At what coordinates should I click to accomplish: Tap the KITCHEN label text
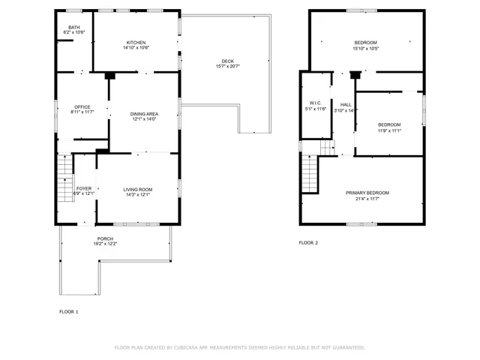[136, 42]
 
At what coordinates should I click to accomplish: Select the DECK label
[227, 61]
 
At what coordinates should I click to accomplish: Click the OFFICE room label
[82, 106]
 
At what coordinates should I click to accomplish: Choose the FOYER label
[84, 188]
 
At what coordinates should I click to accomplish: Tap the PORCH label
[104, 238]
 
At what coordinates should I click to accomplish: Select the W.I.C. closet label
[315, 103]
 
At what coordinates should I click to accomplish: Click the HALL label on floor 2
[345, 104]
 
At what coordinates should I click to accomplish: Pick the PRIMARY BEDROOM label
[367, 193]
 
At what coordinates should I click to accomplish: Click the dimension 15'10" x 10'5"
[366, 49]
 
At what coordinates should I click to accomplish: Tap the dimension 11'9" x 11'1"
[389, 130]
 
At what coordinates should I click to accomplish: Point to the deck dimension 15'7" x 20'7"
[226, 67]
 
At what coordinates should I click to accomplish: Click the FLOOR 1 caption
[68, 311]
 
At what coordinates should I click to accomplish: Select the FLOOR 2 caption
[308, 243]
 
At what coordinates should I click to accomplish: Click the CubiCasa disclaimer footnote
[239, 347]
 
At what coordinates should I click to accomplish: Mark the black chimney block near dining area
[109, 75]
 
